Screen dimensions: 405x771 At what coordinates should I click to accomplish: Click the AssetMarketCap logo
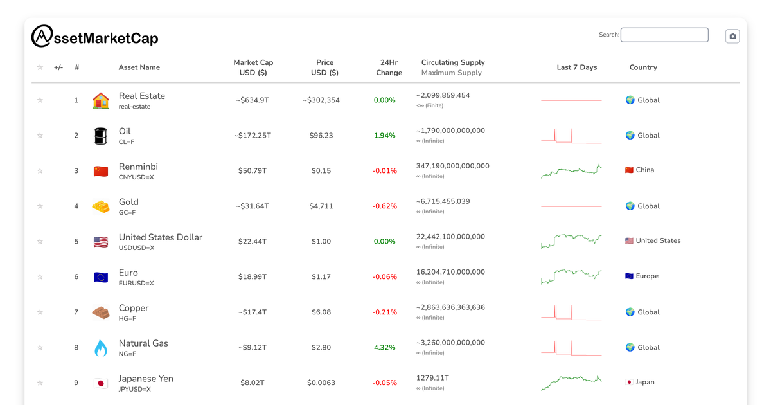click(x=94, y=37)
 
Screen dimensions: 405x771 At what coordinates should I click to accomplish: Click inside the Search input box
click(x=664, y=35)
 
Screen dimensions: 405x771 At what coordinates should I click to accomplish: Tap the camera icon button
click(x=732, y=36)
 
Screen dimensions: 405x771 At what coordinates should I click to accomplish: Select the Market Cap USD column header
click(x=253, y=67)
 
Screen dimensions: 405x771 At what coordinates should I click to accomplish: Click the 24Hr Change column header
click(x=389, y=67)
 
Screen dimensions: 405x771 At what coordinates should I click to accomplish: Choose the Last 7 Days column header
click(x=576, y=67)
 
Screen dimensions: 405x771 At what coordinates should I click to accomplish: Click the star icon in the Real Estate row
click(x=40, y=100)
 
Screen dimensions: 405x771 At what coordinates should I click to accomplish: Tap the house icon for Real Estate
click(x=101, y=100)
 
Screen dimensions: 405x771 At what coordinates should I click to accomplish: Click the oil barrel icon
click(x=101, y=136)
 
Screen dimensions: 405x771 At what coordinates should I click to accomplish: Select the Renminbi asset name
click(x=138, y=166)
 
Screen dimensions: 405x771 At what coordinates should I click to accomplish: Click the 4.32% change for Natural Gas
click(x=384, y=348)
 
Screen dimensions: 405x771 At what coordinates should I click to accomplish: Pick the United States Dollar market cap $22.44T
click(x=253, y=242)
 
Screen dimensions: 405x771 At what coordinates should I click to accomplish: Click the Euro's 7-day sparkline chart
click(x=571, y=276)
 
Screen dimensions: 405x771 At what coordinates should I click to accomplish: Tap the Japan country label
click(x=644, y=382)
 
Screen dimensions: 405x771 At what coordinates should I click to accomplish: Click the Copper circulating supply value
click(x=450, y=307)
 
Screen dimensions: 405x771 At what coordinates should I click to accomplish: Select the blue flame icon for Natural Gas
click(x=101, y=348)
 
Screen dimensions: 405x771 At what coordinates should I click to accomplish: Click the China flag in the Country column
click(x=629, y=170)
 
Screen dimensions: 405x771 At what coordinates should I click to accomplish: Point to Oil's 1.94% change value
click(x=384, y=136)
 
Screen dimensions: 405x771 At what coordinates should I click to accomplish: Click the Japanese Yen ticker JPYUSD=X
click(x=135, y=389)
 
